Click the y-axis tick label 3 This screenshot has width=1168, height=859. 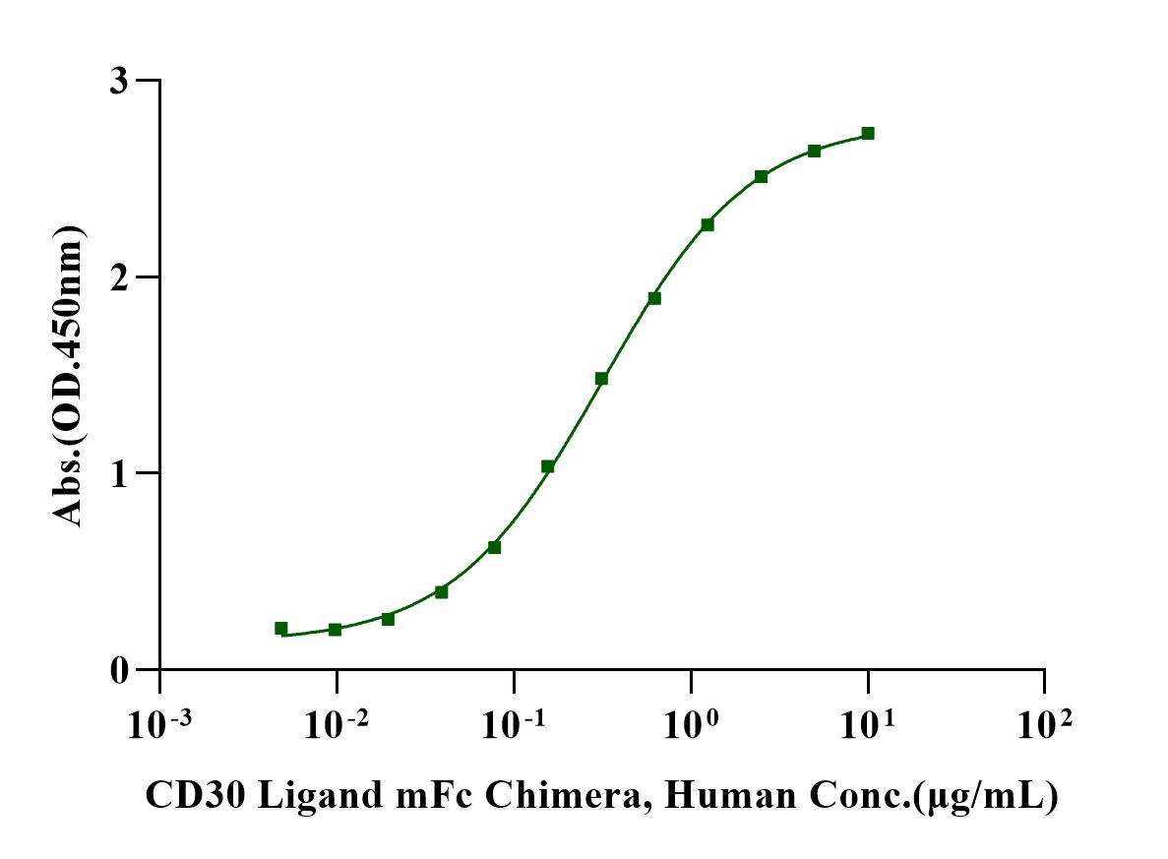click(118, 81)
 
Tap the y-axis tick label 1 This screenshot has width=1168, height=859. click(118, 473)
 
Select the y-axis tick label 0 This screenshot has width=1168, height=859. click(118, 670)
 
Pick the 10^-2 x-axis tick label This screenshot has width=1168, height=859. click(337, 726)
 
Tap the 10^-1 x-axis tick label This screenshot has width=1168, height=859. click(514, 726)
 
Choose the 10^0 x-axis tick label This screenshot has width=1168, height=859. click(691, 726)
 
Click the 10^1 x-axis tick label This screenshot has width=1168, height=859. click(867, 726)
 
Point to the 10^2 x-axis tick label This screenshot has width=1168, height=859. click(1044, 726)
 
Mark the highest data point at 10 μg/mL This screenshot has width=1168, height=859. click(867, 133)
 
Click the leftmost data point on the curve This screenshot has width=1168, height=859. click(281, 628)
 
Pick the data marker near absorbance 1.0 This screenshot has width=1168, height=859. click(548, 466)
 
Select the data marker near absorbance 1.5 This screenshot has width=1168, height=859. click(601, 378)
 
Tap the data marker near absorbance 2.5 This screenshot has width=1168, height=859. click(761, 176)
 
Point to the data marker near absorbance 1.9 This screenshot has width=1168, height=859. click(654, 298)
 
